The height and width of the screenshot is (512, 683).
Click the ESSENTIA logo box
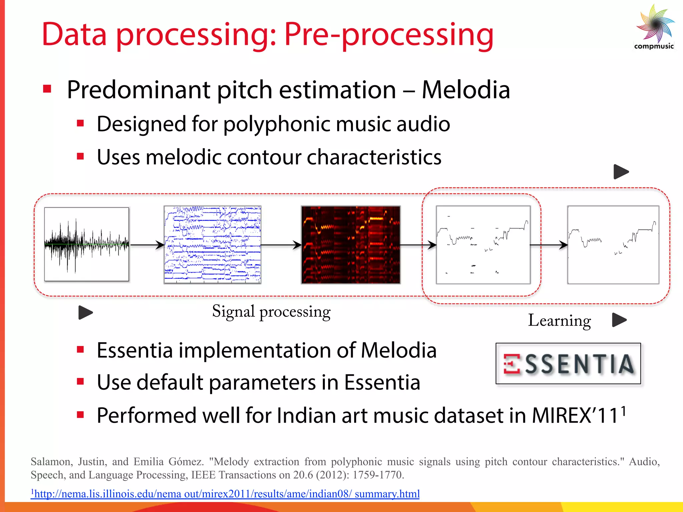(568, 363)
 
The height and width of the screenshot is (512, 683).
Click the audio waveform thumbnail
(87, 244)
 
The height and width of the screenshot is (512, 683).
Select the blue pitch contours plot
(212, 245)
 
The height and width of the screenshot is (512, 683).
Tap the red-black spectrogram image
(351, 245)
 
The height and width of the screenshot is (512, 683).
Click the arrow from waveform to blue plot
(147, 245)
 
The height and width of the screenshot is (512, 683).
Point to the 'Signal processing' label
(271, 312)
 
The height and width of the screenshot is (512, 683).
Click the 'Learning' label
(559, 321)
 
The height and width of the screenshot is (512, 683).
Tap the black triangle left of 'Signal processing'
(85, 313)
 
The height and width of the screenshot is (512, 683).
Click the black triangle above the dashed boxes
(621, 172)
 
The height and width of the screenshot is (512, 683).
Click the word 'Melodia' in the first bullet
(466, 90)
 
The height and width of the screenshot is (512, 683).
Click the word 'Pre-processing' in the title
(389, 34)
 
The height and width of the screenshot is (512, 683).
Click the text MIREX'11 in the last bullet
(575, 416)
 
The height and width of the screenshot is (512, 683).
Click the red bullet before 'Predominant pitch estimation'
(47, 89)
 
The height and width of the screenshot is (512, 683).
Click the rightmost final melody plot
(613, 245)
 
